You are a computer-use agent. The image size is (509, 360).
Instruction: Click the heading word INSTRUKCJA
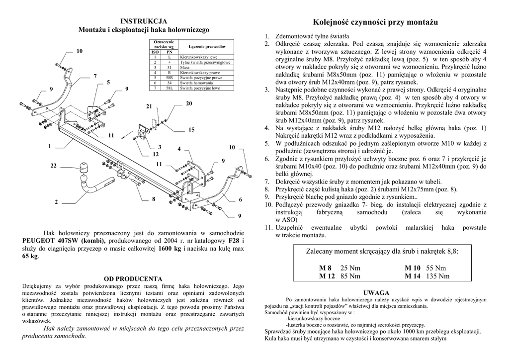(x=144, y=21)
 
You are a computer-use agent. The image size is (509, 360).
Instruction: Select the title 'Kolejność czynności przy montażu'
(x=376, y=22)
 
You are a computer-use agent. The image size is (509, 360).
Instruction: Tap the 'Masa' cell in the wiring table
(x=185, y=67)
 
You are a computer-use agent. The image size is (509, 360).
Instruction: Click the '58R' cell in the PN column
(x=170, y=78)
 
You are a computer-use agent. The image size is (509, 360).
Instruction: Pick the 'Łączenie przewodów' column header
(x=207, y=46)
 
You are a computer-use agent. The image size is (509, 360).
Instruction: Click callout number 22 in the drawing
(x=53, y=165)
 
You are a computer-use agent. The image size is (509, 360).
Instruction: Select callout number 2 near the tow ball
(x=56, y=202)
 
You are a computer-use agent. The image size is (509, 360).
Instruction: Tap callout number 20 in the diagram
(x=189, y=103)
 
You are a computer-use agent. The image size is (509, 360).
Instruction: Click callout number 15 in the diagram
(x=191, y=130)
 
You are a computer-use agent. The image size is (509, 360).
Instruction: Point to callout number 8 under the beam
(x=154, y=199)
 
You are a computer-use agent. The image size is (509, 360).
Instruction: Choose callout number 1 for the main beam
(x=50, y=146)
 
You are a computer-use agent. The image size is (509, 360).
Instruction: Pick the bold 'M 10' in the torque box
(x=413, y=268)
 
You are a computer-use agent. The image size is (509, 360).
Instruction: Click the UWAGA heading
(x=376, y=292)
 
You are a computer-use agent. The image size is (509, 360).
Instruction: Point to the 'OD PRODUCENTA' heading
(x=133, y=278)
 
